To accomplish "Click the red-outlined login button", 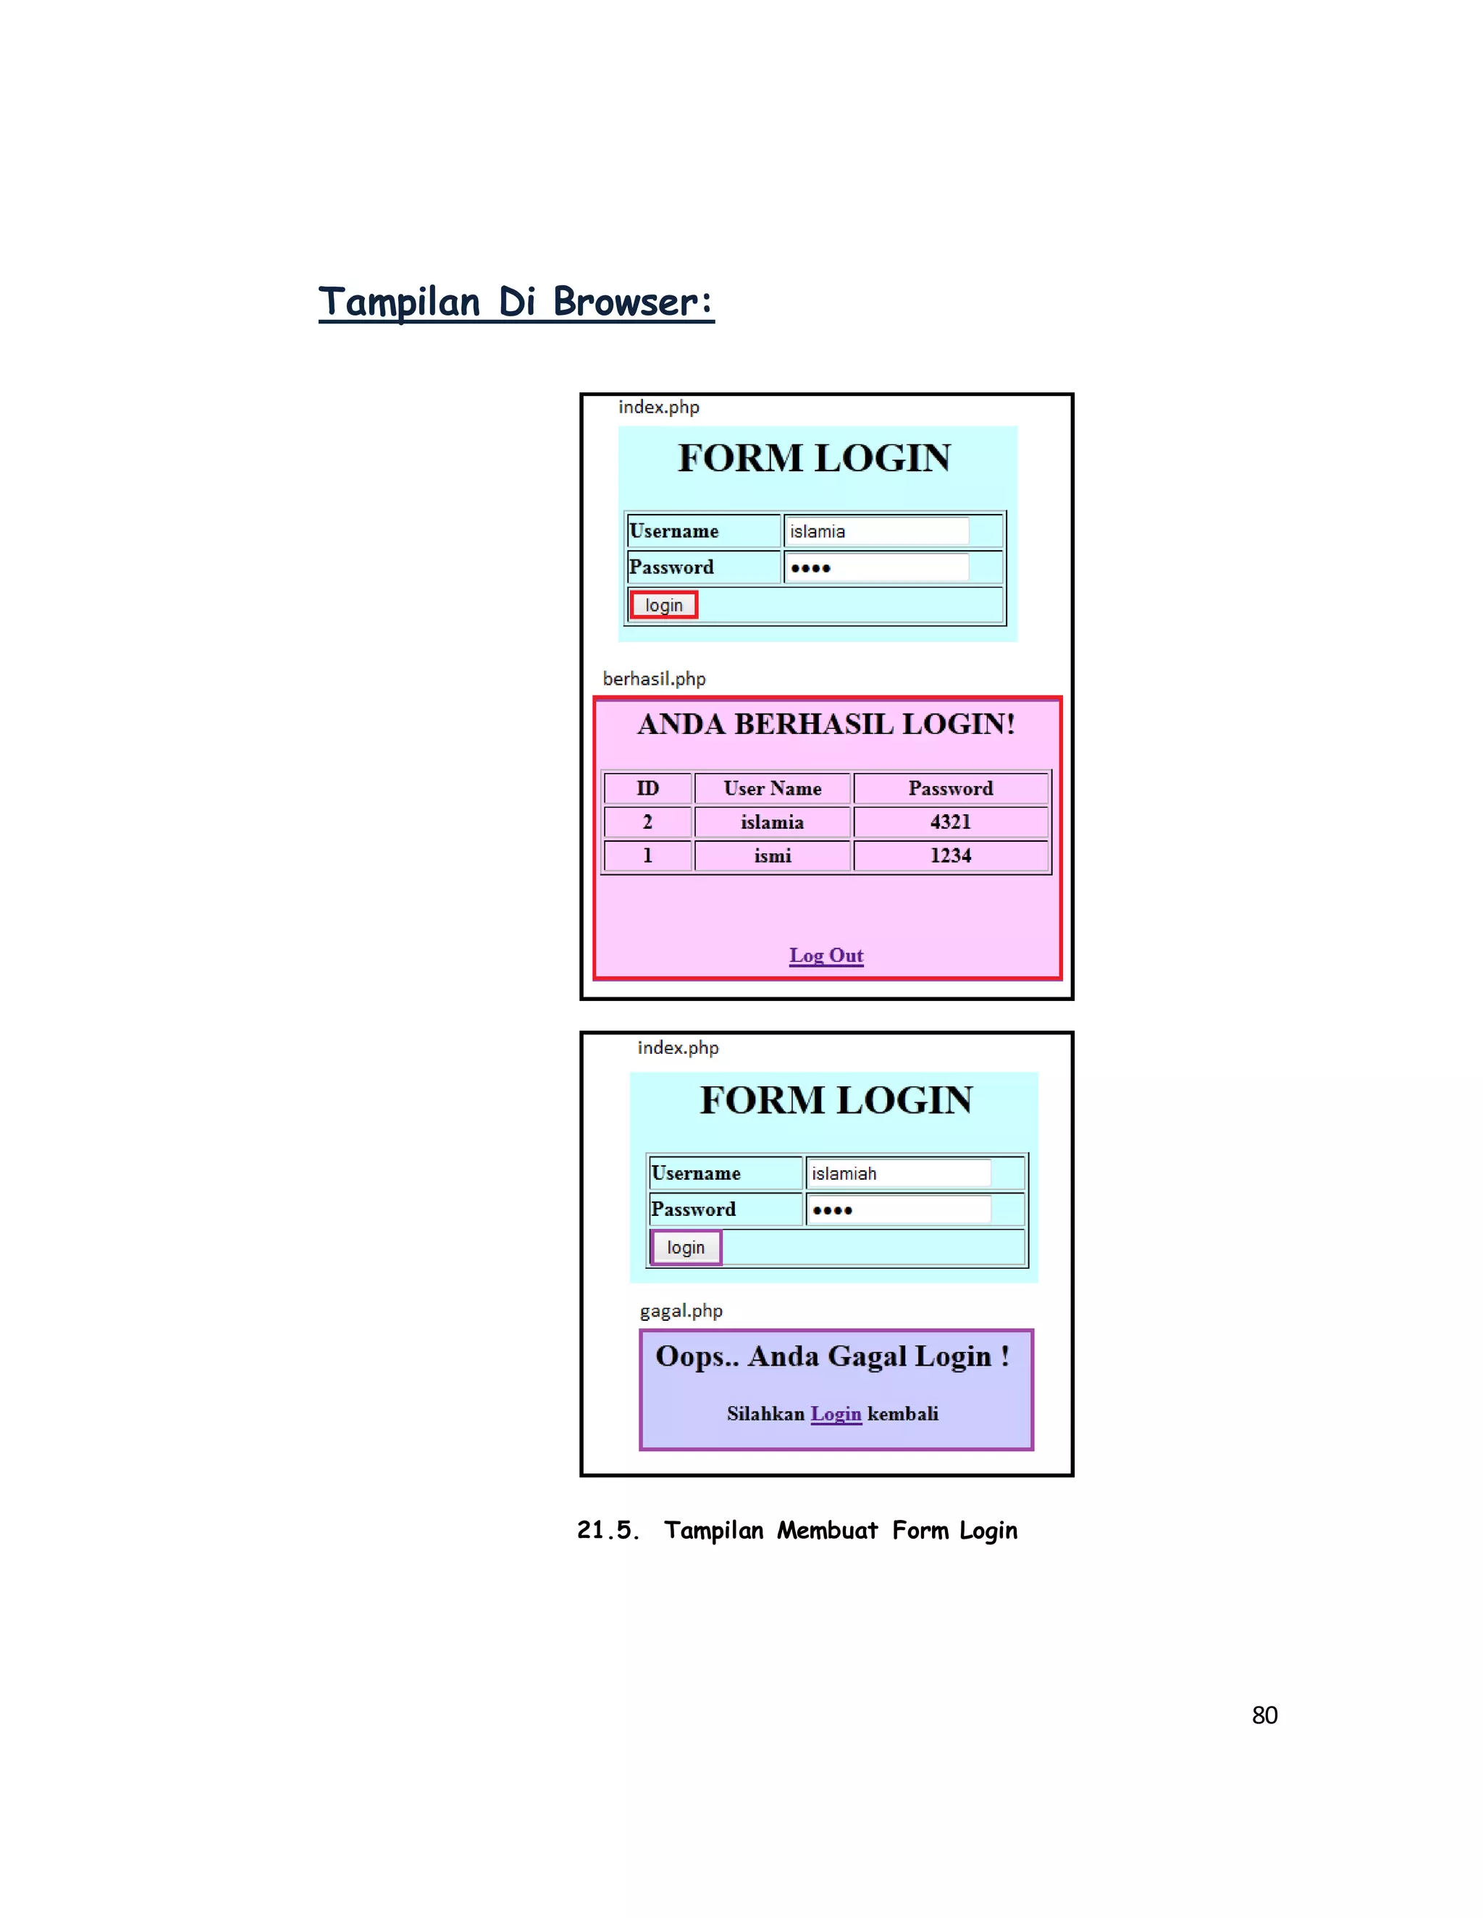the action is [663, 605].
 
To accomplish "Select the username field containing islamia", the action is [876, 531].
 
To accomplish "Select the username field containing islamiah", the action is [898, 1173].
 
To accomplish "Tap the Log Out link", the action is [825, 955].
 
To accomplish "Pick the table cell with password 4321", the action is [951, 822].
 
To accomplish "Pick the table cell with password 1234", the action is [951, 856].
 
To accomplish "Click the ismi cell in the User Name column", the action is [772, 856].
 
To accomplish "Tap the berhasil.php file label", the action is [654, 679].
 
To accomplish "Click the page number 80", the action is [1264, 1715].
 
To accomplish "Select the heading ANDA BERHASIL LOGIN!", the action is [825, 724].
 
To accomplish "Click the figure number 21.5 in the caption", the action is [605, 1531].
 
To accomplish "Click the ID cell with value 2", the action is [647, 822].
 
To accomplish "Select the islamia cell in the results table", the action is [772, 822].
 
